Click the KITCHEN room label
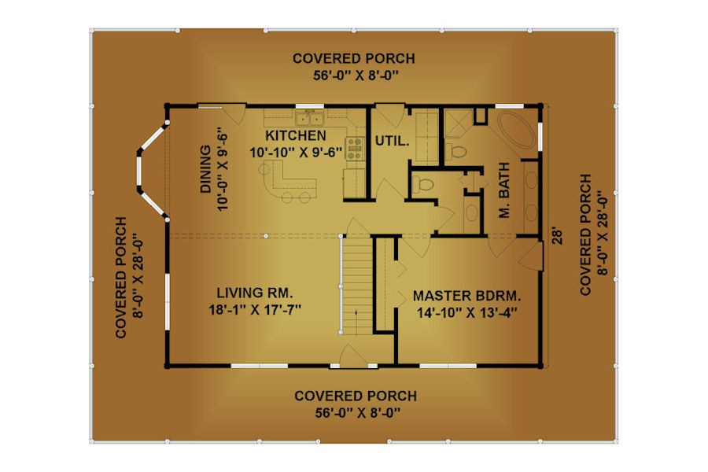[295, 135]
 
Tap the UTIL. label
[392, 141]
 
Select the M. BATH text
[504, 190]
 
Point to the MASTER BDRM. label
[466, 297]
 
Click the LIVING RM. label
[255, 293]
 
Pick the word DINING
[205, 169]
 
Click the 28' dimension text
[558, 237]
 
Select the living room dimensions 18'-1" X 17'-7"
[255, 310]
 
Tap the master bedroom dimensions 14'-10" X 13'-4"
[466, 312]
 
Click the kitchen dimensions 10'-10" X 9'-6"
[295, 153]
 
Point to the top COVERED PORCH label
[353, 59]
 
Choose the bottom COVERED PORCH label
[356, 396]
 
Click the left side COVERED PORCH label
[120, 278]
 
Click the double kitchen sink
[310, 118]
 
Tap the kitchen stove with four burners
[355, 149]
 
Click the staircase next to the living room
[356, 286]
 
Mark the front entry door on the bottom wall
[353, 356]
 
